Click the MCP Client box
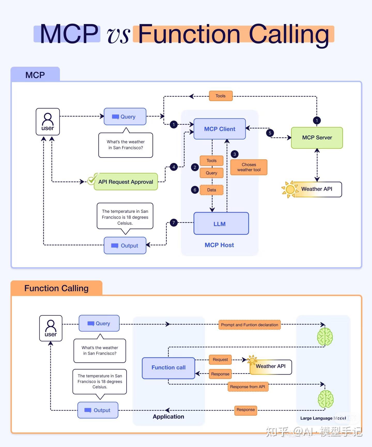[220, 129]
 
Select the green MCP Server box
[317, 138]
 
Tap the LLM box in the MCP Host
[221, 224]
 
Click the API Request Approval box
[126, 182]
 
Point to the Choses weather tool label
[249, 167]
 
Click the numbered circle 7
[174, 222]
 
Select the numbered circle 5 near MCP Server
[270, 133]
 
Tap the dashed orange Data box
[211, 190]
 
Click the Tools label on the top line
[221, 96]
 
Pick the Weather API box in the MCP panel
[317, 189]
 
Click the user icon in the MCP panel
[48, 122]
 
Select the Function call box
[168, 368]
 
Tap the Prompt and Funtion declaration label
[249, 325]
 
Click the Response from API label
[247, 387]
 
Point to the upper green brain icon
[325, 337]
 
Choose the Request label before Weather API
[220, 360]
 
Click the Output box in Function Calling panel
[98, 410]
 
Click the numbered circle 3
[235, 154]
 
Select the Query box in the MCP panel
[125, 117]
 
